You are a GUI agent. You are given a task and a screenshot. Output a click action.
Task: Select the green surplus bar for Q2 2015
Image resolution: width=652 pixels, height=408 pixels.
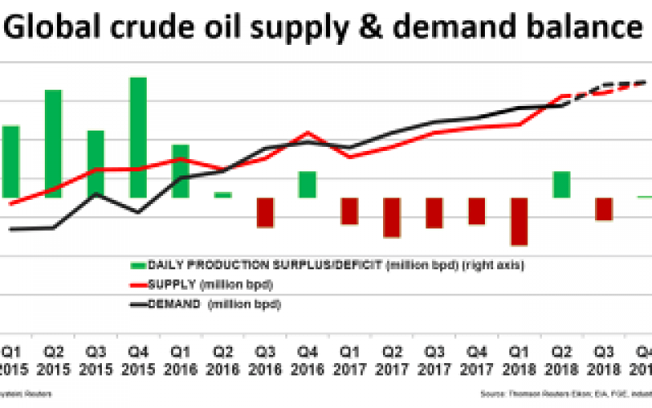(53, 143)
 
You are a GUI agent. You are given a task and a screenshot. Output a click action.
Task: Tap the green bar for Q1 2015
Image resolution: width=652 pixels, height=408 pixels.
(11, 161)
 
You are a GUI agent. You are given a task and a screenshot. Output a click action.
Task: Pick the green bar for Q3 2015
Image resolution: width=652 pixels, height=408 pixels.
(95, 163)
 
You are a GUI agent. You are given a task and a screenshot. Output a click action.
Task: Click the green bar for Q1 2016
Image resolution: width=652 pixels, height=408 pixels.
(180, 171)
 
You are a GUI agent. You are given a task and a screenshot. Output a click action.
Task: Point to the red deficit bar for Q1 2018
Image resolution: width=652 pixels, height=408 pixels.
(519, 221)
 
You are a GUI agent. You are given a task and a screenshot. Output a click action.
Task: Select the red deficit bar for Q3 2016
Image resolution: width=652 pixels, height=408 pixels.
(265, 212)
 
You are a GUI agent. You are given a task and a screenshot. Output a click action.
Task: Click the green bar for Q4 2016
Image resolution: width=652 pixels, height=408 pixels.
(307, 184)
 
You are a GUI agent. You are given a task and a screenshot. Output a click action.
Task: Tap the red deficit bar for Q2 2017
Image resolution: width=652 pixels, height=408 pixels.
(392, 217)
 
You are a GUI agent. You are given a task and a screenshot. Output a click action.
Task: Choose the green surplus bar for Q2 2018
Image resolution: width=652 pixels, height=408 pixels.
(562, 184)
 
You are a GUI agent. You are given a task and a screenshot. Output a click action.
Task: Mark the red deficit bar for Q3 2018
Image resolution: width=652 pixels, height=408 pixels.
(604, 209)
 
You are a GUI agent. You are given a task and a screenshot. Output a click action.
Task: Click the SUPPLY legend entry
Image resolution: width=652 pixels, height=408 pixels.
(202, 284)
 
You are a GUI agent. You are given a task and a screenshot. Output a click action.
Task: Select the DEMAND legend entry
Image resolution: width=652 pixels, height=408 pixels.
(204, 304)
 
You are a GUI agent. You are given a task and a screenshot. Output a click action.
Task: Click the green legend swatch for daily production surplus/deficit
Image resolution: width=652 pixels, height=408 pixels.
(138, 265)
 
